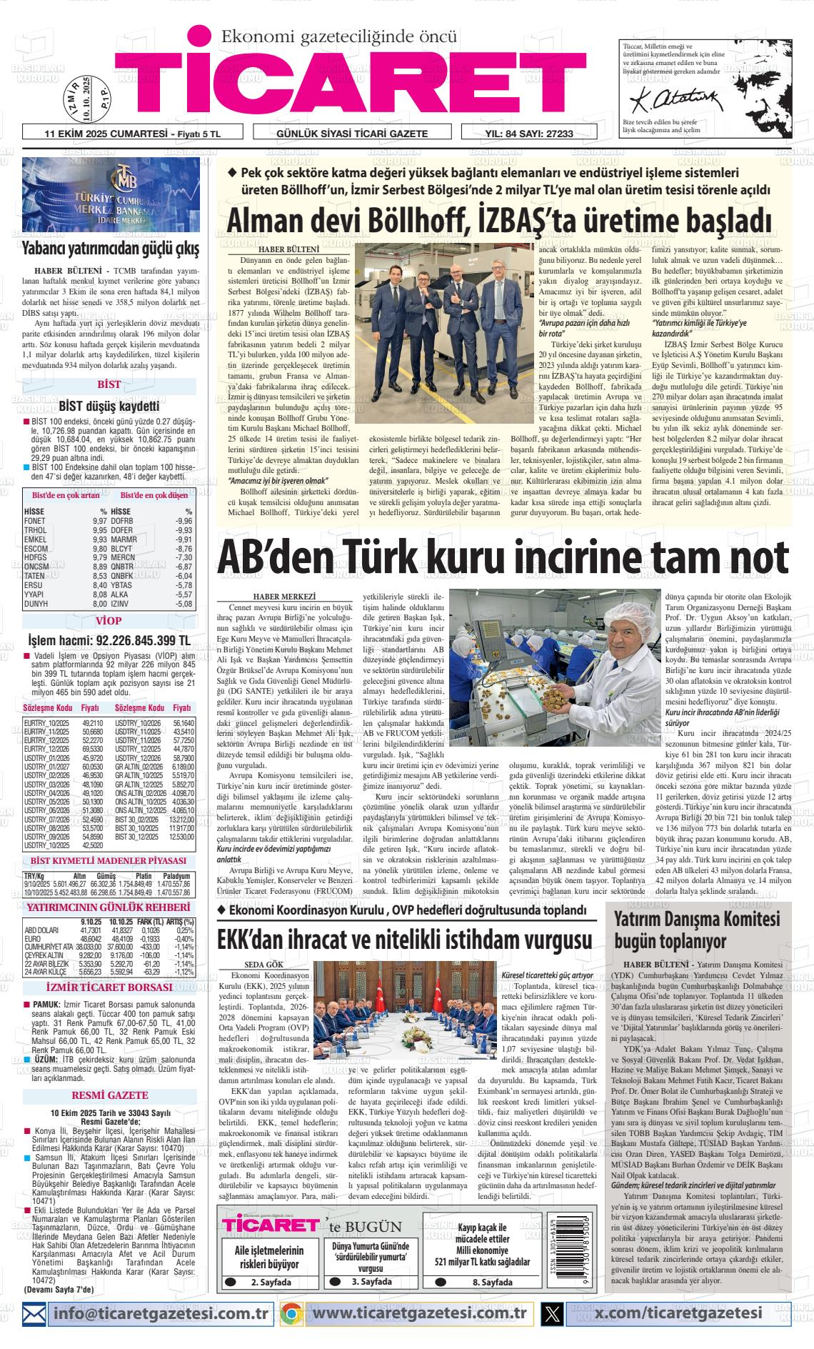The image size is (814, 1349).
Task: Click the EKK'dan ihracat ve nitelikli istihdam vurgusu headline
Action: [406, 937]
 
